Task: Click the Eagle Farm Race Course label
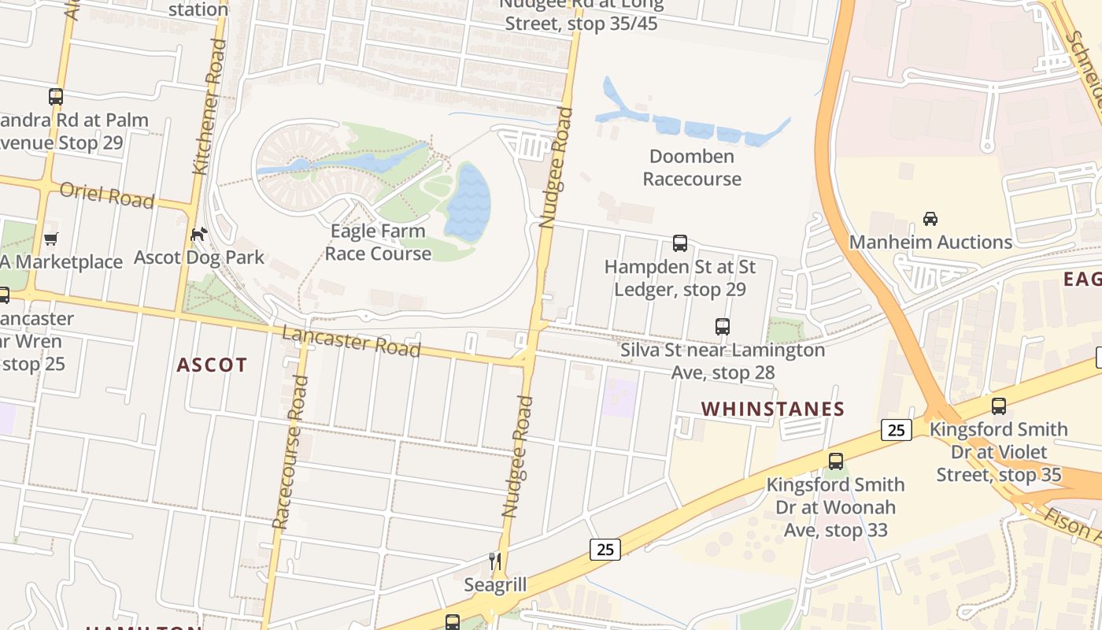[x=378, y=242]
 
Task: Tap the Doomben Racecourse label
[x=691, y=168]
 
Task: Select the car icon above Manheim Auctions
[x=930, y=218]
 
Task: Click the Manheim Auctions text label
[x=930, y=242]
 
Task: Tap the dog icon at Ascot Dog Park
[x=199, y=235]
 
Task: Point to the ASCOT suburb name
[x=212, y=365]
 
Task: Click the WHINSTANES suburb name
[x=772, y=409]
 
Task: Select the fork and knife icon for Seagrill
[x=495, y=561]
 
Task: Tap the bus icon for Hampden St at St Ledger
[x=680, y=243]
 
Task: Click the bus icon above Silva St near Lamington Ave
[x=722, y=326]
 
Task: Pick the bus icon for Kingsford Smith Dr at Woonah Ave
[x=836, y=461]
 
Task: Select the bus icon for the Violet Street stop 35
[x=998, y=406]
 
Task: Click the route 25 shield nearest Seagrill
[x=605, y=549]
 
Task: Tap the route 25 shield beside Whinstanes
[x=897, y=430]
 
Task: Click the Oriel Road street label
[x=107, y=195]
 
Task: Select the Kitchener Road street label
[x=209, y=106]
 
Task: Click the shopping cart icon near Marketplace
[x=51, y=239]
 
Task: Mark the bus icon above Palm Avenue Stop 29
[x=55, y=97]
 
